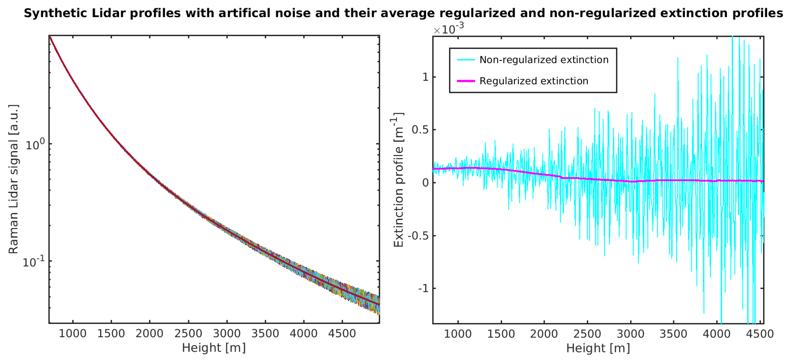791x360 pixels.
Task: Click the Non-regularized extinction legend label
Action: click(544, 60)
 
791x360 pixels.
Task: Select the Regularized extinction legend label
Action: click(534, 81)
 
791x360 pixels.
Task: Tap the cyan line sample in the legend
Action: click(466, 60)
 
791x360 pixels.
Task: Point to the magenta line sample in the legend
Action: click(466, 81)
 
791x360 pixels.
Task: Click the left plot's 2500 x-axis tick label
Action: click(188, 333)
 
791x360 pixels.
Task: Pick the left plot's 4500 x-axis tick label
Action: click(342, 333)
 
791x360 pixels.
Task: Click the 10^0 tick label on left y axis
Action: click(35, 144)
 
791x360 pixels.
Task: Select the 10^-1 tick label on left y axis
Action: click(34, 262)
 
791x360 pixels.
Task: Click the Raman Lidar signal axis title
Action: click(14, 179)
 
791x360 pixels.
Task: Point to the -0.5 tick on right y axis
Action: click(418, 236)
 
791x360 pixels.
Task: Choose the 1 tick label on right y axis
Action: click(425, 77)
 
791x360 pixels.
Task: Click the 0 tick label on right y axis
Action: click(425, 183)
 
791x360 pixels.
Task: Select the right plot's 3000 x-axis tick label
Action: click(630, 334)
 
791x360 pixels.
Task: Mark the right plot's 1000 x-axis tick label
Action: click(458, 334)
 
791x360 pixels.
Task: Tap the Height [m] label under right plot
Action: click(598, 348)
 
